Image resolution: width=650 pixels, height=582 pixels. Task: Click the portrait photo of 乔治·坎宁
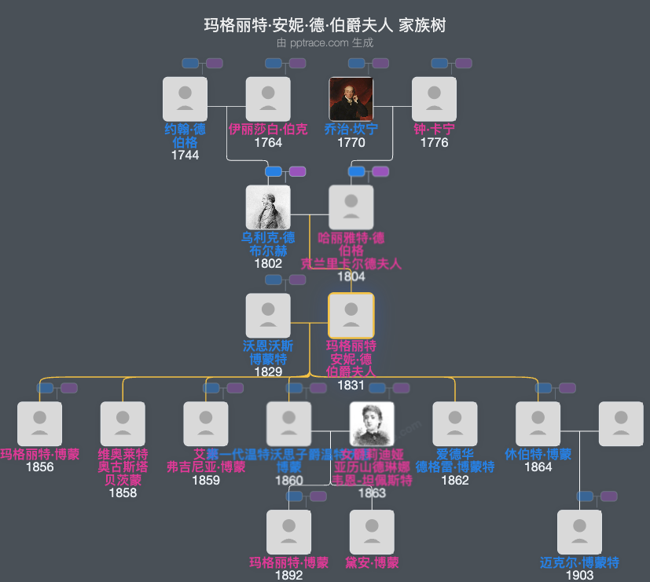click(x=351, y=99)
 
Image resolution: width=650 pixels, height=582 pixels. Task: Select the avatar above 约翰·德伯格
click(x=185, y=99)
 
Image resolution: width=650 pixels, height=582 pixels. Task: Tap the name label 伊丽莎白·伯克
click(x=268, y=129)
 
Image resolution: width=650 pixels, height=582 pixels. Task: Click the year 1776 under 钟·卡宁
click(x=434, y=142)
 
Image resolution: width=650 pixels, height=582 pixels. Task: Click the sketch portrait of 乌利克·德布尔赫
click(x=268, y=207)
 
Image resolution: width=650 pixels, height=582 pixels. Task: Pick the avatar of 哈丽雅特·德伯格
click(x=351, y=207)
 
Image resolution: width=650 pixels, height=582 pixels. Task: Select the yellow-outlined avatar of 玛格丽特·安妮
click(x=351, y=316)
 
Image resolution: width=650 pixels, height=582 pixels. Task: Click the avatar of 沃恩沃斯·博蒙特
click(x=268, y=316)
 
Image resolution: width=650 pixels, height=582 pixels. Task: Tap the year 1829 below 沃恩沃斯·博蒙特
click(x=268, y=372)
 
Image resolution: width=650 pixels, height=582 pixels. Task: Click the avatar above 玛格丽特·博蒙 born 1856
click(x=40, y=424)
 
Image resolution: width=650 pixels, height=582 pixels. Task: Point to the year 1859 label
click(x=206, y=480)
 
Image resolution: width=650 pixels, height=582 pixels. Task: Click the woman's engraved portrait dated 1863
click(x=372, y=424)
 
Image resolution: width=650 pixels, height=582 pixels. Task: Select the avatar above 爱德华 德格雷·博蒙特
click(x=455, y=424)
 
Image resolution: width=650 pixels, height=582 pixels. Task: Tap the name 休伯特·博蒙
click(x=538, y=454)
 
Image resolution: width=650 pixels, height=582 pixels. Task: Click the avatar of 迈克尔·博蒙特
click(x=579, y=533)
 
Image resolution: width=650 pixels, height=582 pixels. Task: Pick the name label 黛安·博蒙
click(x=372, y=562)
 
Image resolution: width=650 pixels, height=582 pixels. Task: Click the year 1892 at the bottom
click(x=288, y=575)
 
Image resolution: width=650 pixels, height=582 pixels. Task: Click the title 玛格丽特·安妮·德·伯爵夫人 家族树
click(x=325, y=26)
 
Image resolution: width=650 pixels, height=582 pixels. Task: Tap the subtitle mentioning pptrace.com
click(x=325, y=42)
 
